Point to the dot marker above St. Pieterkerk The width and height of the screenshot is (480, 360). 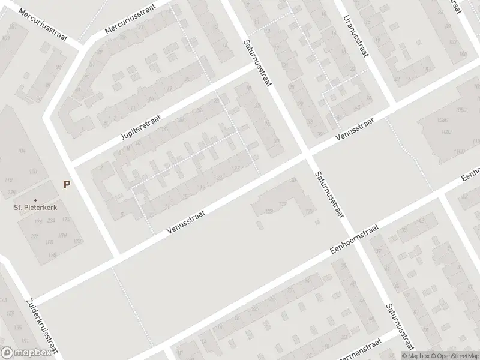35,200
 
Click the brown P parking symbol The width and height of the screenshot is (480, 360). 67,185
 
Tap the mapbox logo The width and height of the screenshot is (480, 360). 24,353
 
